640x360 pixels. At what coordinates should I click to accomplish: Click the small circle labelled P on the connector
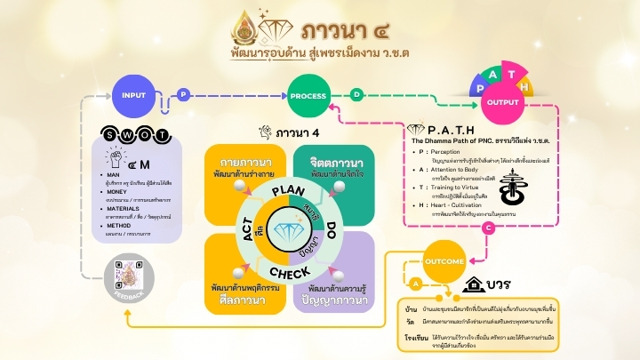tap(183, 93)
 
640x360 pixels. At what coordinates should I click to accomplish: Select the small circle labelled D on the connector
tap(356, 93)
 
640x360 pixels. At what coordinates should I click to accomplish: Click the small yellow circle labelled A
tap(414, 281)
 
